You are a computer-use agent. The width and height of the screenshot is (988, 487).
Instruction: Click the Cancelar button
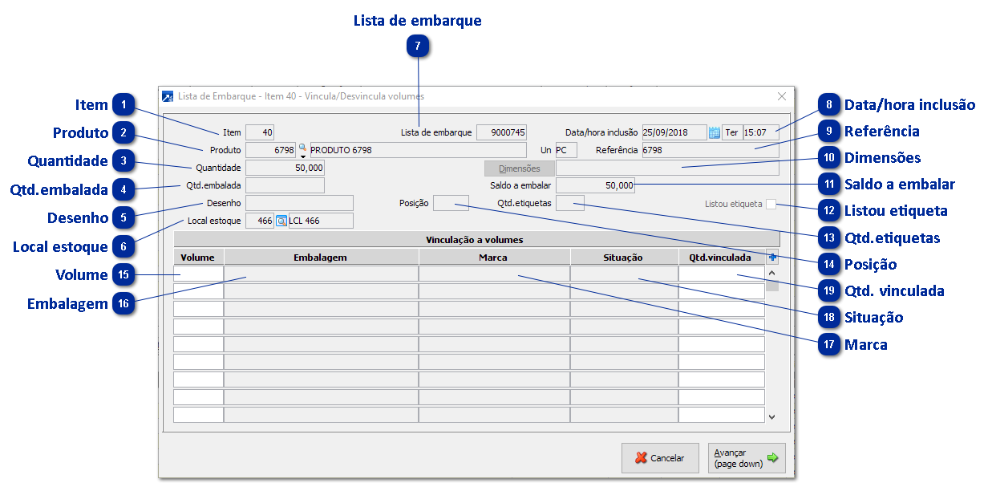[659, 458]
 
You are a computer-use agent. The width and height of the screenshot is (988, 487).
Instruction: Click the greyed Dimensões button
[519, 168]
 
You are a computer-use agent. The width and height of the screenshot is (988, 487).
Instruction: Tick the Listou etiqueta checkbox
[771, 204]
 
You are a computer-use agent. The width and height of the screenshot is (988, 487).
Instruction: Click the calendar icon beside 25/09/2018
[715, 132]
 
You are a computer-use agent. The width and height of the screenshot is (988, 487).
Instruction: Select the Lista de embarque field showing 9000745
[501, 132]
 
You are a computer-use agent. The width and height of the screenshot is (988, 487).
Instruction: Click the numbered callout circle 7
[418, 47]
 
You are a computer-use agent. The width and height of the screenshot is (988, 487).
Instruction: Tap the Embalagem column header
[321, 258]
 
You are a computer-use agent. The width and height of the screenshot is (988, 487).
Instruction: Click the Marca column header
[494, 258]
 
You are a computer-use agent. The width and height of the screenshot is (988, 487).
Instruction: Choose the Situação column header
[624, 258]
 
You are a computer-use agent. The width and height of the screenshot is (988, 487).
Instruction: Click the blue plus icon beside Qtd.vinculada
[772, 257]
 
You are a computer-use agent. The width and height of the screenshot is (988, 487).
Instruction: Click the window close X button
[782, 96]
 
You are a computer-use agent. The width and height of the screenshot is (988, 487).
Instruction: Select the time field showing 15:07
[760, 132]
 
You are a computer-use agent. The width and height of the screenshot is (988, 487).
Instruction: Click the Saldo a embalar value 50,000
[595, 185]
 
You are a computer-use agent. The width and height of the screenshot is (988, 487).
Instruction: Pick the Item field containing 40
[259, 132]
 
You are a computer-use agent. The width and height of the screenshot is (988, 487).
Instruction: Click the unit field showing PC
[565, 150]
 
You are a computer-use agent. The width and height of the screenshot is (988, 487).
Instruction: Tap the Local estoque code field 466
[259, 221]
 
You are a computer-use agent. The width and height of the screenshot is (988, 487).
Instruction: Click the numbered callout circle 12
[829, 211]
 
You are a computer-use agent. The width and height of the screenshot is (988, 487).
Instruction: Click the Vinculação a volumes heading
[476, 239]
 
